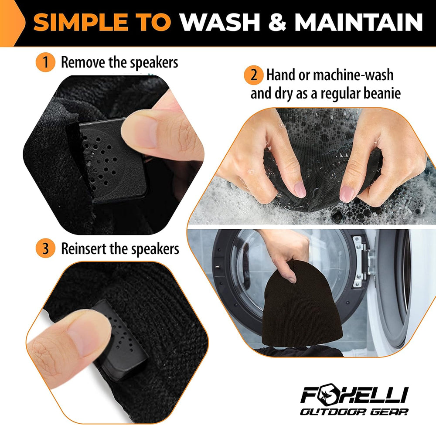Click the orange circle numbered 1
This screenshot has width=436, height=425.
46,62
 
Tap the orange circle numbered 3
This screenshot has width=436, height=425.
46,249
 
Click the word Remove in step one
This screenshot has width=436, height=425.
83,62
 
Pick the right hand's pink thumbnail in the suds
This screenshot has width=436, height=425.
347,193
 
